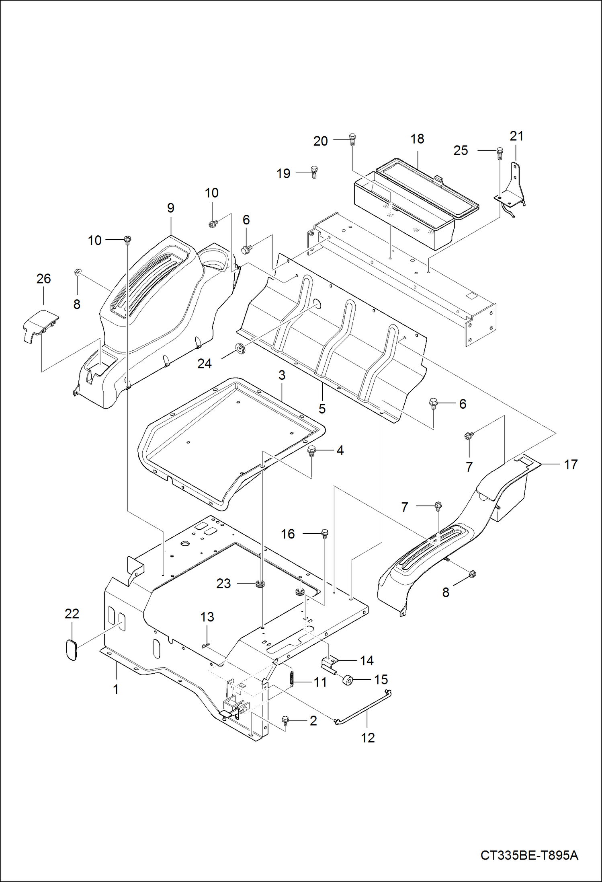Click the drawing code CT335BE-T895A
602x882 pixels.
pyautogui.click(x=529, y=855)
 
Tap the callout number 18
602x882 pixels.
pyautogui.click(x=417, y=139)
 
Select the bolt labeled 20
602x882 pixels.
pyautogui.click(x=352, y=140)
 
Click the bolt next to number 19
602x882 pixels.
pyautogui.click(x=315, y=172)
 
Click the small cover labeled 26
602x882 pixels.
pyautogui.click(x=41, y=325)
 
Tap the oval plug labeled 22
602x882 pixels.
pyautogui.click(x=72, y=650)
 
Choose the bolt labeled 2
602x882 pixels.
pyautogui.click(x=285, y=720)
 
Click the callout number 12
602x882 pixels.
pyautogui.click(x=368, y=738)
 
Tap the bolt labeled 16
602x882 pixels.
pyautogui.click(x=325, y=534)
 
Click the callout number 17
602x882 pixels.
pyautogui.click(x=571, y=465)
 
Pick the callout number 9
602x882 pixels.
pyautogui.click(x=171, y=208)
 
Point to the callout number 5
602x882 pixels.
pyautogui.click(x=322, y=409)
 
